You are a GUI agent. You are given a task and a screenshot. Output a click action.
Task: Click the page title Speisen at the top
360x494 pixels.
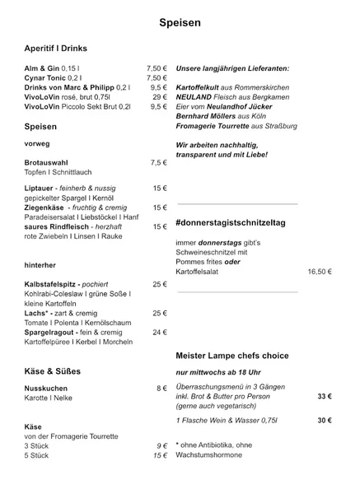(179, 26)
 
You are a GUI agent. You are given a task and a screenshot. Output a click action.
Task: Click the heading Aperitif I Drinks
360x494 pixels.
(56, 49)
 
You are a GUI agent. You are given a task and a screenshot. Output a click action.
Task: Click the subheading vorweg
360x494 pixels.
(37, 143)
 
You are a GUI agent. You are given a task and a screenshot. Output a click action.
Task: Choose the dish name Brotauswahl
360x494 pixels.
(49, 163)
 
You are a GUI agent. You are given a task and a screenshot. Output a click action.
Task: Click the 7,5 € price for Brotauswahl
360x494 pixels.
(158, 163)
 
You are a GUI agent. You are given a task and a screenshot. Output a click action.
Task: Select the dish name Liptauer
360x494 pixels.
(41, 189)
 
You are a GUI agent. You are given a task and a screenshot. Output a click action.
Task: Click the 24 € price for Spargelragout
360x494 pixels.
(159, 332)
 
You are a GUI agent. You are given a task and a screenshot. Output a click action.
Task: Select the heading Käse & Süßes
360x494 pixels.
(53, 371)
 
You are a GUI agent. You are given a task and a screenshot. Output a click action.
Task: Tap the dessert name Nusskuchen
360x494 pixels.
(46, 388)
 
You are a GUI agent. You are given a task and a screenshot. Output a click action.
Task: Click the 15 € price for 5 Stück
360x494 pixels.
(160, 455)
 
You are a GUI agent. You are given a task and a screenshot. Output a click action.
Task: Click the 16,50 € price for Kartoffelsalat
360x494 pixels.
(319, 271)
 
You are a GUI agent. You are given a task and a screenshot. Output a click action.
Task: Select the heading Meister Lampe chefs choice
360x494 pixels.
(232, 355)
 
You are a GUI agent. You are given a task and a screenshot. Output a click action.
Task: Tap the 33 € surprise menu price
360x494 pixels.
(324, 397)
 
